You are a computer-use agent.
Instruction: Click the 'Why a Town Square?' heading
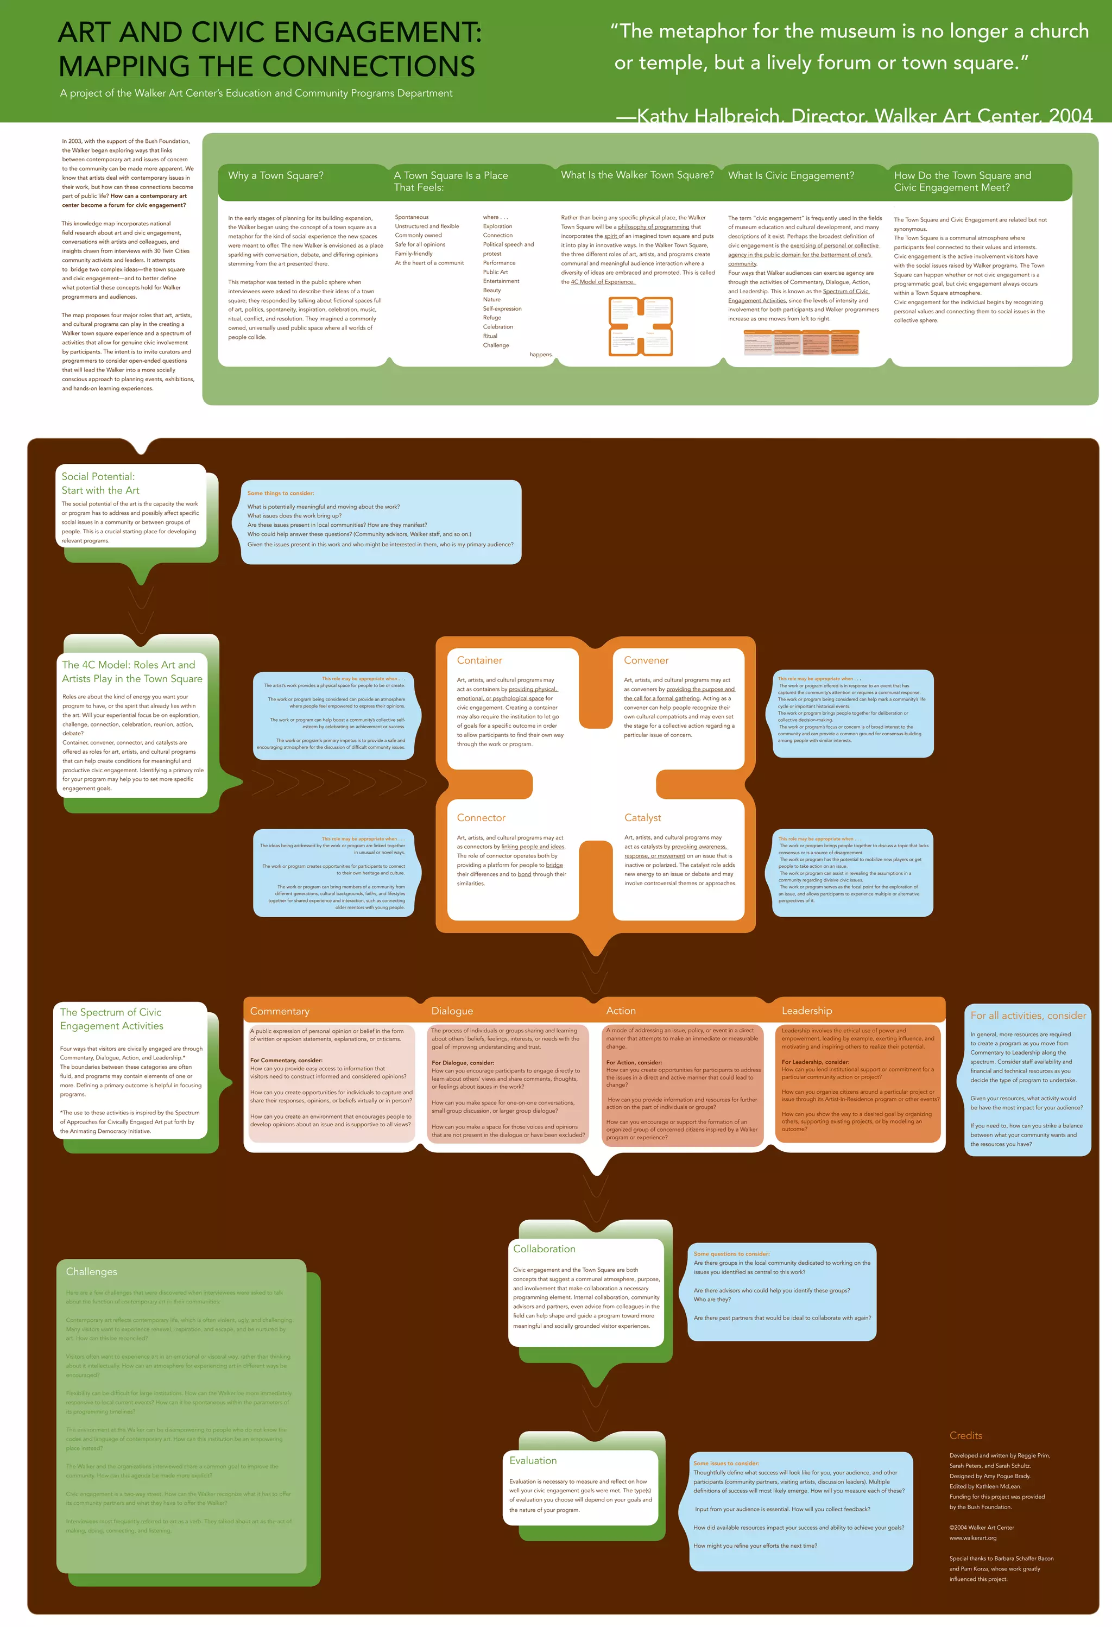(x=276, y=176)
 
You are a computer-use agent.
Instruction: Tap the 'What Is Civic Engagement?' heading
(x=791, y=176)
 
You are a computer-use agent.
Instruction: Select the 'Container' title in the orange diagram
(x=479, y=660)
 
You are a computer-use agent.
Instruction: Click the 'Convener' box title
(x=646, y=660)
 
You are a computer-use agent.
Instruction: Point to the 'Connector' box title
(x=481, y=818)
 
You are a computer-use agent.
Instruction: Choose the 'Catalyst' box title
(x=642, y=818)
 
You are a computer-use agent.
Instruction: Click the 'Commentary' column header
(x=279, y=1011)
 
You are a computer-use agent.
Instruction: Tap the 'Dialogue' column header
(x=452, y=1011)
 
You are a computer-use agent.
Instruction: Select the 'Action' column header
(x=621, y=1011)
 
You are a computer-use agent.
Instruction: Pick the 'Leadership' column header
(x=806, y=1011)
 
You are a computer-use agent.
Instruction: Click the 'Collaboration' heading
(x=544, y=1249)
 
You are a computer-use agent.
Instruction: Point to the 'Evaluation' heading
(x=533, y=1460)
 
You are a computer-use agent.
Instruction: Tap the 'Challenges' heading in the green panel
(x=91, y=1271)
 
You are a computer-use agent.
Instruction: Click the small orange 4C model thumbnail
(x=640, y=326)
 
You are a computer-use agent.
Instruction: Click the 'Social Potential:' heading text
(x=98, y=477)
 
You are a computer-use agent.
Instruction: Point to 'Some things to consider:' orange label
(x=281, y=494)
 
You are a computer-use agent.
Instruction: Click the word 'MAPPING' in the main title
(x=123, y=66)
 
